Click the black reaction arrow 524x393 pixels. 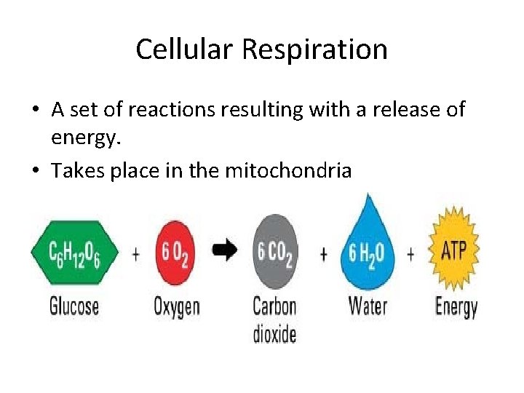pos(225,251)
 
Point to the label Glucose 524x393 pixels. pos(74,305)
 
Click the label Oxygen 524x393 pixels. pos(176,306)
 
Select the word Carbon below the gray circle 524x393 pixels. pos(274,305)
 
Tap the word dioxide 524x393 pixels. pos(274,333)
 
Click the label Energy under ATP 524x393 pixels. pos(456,306)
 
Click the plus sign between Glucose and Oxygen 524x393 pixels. pos(135,254)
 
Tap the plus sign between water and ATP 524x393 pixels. pos(410,254)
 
